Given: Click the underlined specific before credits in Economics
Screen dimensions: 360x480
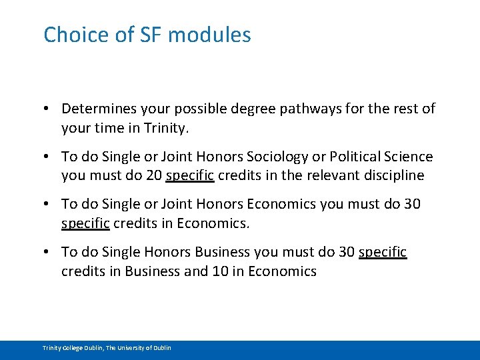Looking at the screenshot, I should pos(85,223).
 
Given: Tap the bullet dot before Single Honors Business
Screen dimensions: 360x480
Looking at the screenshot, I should pos(49,252).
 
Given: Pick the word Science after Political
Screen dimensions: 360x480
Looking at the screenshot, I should pos(406,157).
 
